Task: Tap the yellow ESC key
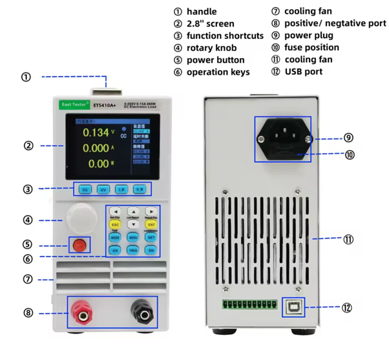[115, 224]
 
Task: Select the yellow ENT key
[150, 224]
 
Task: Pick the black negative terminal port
[139, 313]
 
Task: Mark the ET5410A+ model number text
[105, 103]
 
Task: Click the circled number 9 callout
[348, 137]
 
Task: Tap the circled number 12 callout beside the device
[347, 308]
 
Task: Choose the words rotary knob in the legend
[211, 47]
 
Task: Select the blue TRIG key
[132, 249]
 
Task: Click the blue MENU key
[132, 237]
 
